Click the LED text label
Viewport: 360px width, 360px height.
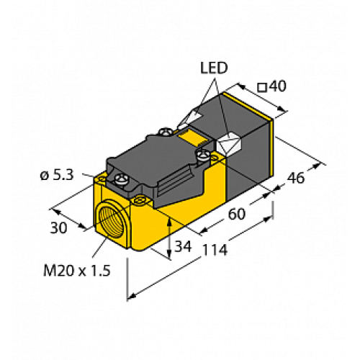point(214,68)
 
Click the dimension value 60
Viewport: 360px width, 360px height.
point(237,213)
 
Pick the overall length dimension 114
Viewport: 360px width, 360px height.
point(214,251)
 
